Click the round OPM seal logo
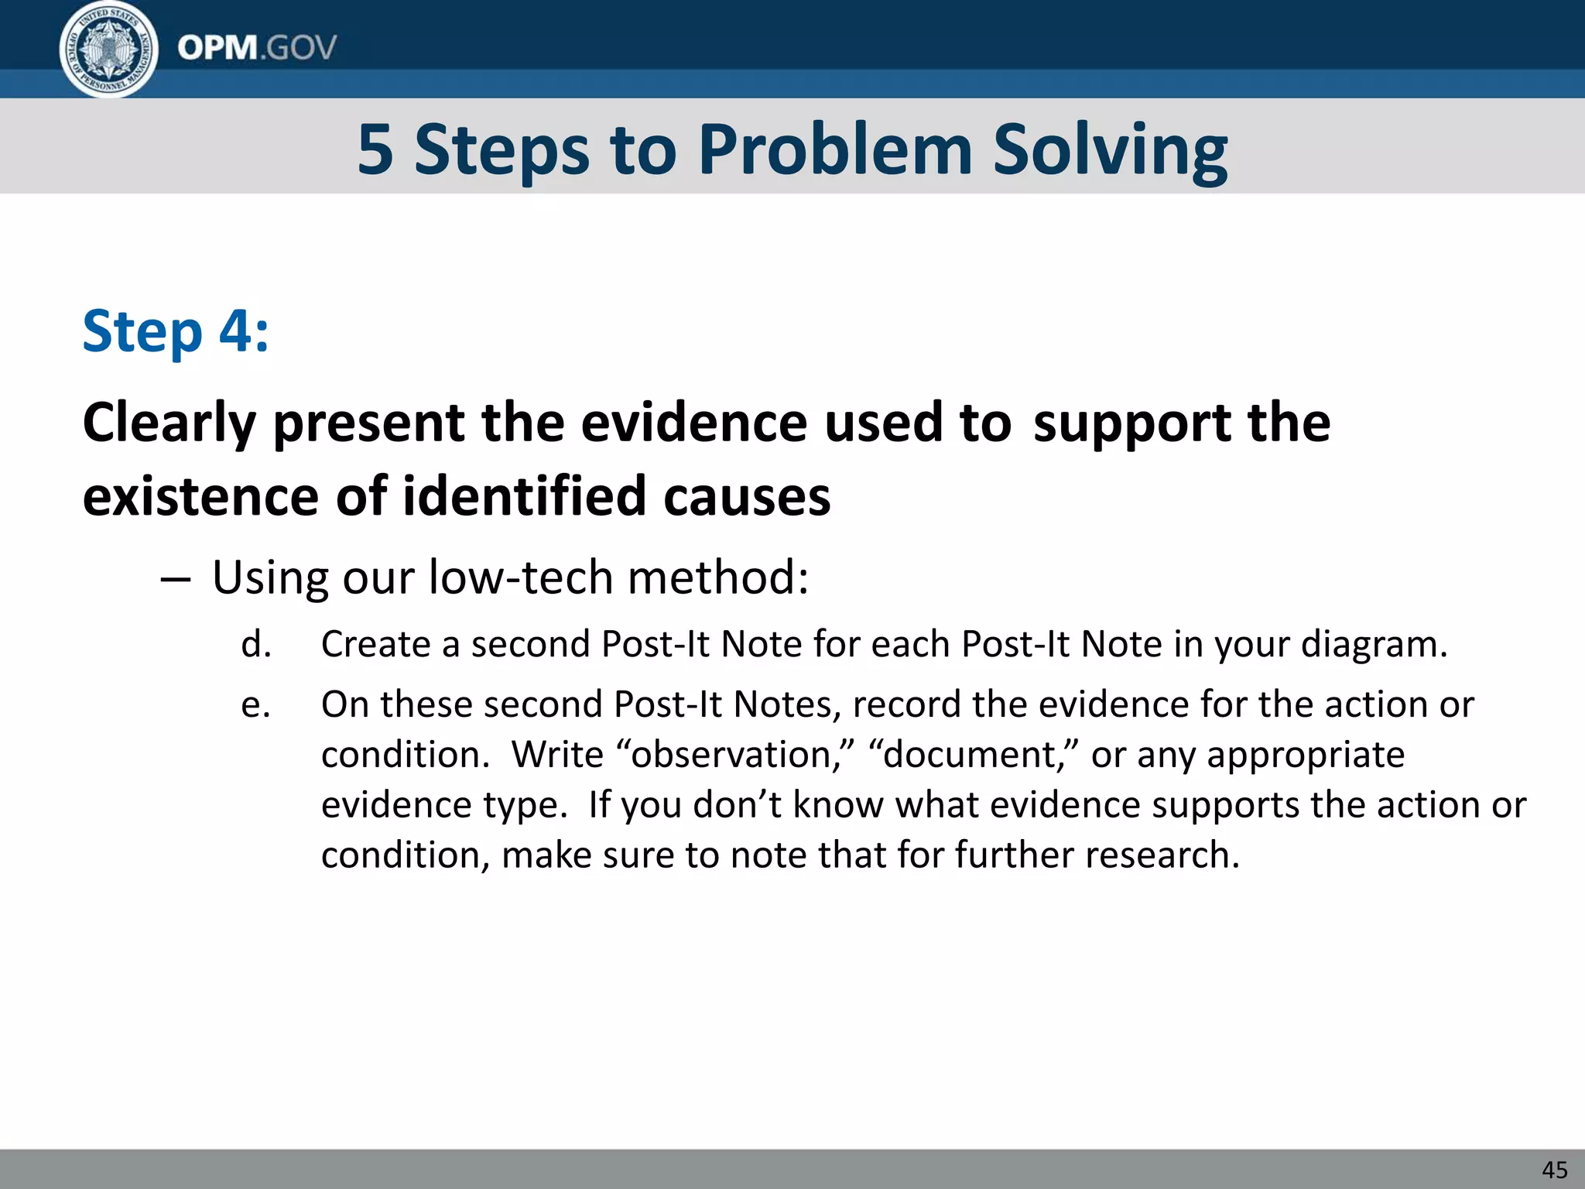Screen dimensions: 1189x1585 click(109, 48)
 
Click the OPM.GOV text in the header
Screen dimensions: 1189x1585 click(257, 48)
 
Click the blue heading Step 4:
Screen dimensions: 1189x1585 click(176, 331)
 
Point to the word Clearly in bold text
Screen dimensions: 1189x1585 click(169, 423)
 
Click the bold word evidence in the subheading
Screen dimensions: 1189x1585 click(693, 423)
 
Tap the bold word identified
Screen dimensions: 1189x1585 click(524, 496)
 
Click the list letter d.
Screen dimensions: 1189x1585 click(256, 645)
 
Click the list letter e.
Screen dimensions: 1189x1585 click(256, 705)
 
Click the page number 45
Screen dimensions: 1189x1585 click(1554, 1170)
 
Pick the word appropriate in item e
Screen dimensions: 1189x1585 click(1306, 756)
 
